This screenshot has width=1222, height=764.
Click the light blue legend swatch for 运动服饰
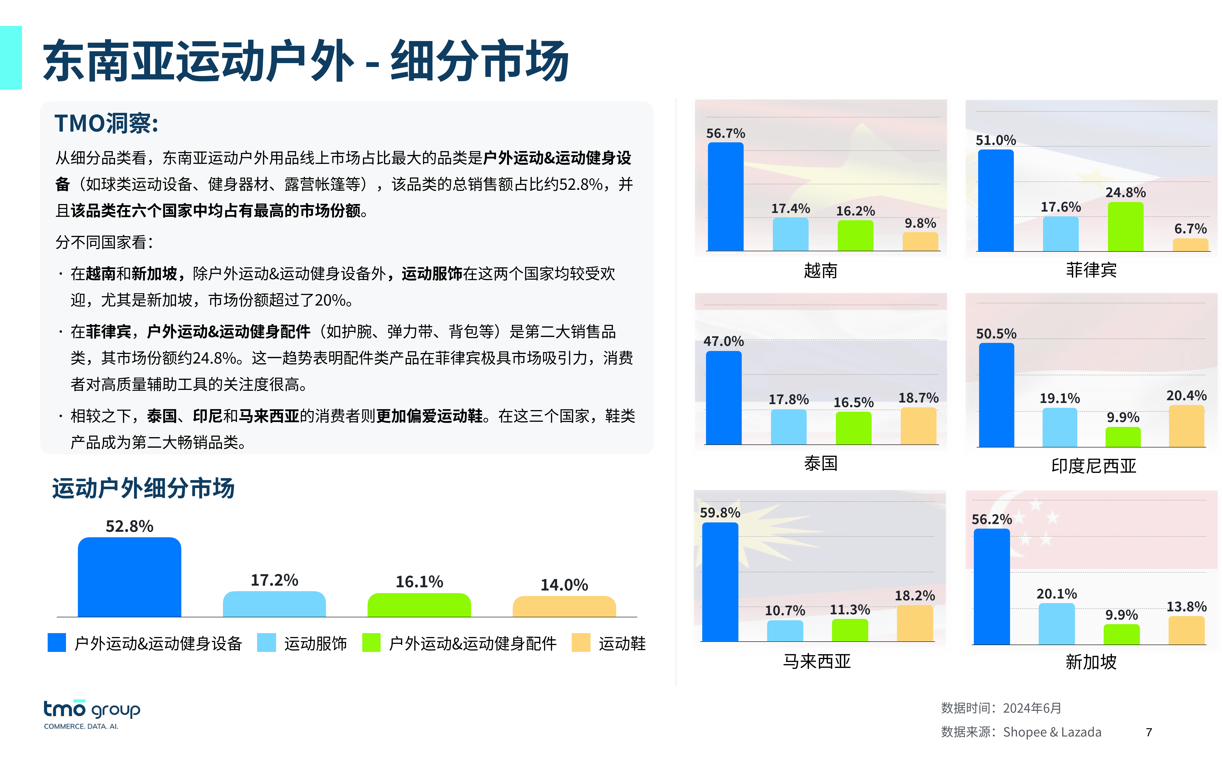pos(266,643)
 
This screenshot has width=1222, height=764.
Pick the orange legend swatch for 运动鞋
pos(581,643)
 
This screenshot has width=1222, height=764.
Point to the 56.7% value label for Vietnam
pos(725,133)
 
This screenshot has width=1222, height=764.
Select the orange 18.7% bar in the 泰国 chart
pos(918,426)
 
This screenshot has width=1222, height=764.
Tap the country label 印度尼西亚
pos(1093,465)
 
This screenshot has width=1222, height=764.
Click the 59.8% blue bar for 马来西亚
pos(720,582)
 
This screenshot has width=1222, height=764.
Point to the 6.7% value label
pos(1190,229)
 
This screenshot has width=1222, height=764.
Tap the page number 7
pos(1149,732)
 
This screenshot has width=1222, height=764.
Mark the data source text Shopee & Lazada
pos(1052,732)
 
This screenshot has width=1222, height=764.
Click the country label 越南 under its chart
pos(820,271)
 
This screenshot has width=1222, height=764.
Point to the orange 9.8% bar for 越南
pos(920,242)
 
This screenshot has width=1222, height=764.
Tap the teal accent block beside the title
pos(11,58)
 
